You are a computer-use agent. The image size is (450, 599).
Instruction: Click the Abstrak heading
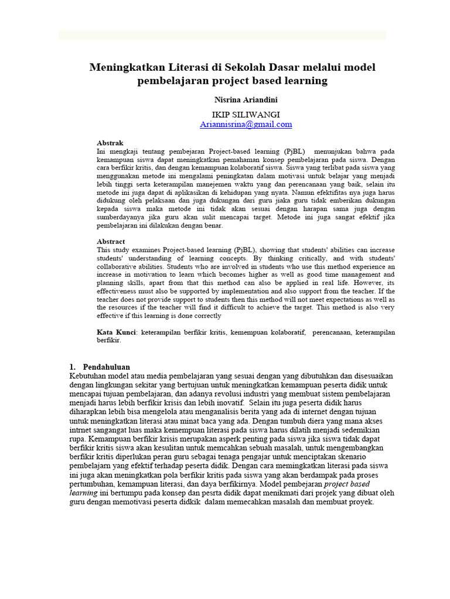pyautogui.click(x=110, y=143)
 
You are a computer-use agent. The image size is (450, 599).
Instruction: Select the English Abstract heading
pyautogui.click(x=111, y=241)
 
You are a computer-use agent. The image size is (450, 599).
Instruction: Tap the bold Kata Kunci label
pyautogui.click(x=116, y=332)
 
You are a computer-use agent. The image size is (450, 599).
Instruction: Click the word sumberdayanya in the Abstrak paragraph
pyautogui.click(x=122, y=216)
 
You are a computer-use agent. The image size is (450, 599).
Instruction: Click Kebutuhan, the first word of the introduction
pyautogui.click(x=88, y=376)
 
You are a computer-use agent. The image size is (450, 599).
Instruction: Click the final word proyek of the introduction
pyautogui.click(x=361, y=502)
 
